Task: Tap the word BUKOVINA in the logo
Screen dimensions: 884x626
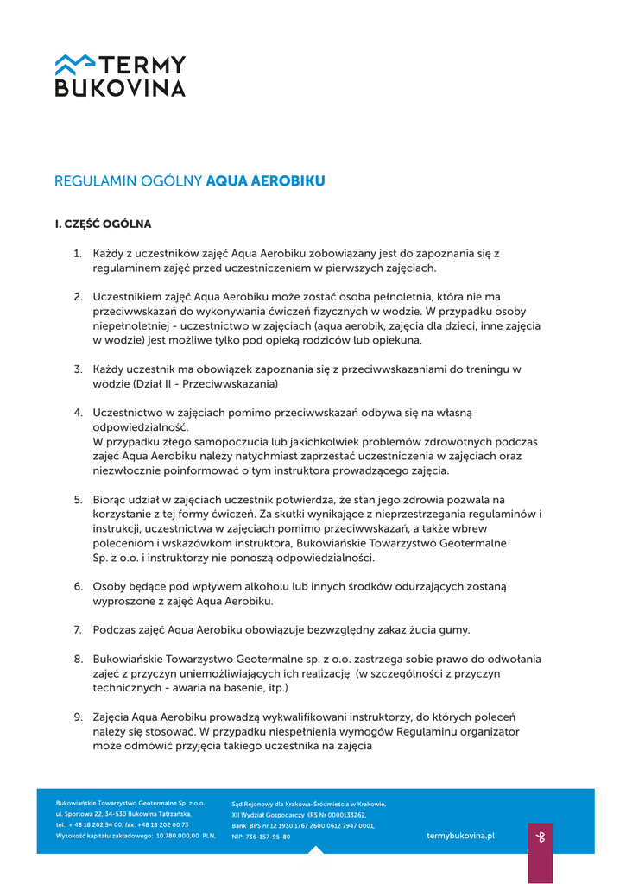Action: click(x=120, y=87)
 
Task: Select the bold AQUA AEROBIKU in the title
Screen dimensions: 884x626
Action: click(x=265, y=181)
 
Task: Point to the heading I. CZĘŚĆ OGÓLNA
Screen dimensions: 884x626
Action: click(x=103, y=224)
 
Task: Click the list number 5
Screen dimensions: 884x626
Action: click(x=78, y=500)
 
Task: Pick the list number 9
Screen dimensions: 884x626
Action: click(x=78, y=717)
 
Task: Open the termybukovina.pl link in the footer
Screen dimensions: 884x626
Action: click(x=460, y=836)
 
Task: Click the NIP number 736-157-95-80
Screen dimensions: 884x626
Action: click(x=269, y=837)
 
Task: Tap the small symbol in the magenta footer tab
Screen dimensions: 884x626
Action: click(x=540, y=837)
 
